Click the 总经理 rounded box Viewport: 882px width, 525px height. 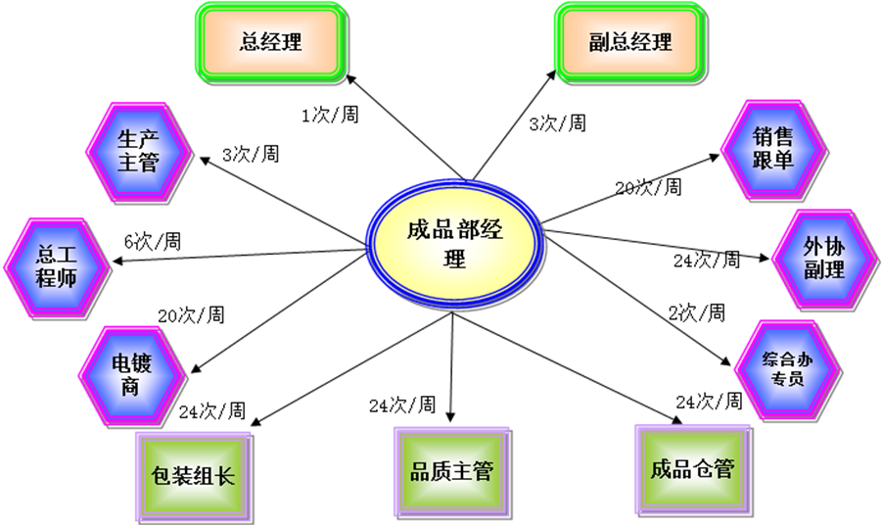(x=270, y=42)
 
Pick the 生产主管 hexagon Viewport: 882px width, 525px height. (x=138, y=150)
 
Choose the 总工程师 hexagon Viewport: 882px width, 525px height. (x=57, y=266)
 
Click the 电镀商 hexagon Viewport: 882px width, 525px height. (x=131, y=374)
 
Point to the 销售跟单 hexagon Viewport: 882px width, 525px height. (x=773, y=148)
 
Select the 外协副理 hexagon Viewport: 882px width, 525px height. (x=824, y=257)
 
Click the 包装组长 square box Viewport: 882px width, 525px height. (x=193, y=477)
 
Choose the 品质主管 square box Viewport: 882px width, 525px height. (x=451, y=471)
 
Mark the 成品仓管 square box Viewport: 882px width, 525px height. (x=692, y=468)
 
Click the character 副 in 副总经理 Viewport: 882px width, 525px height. (x=600, y=43)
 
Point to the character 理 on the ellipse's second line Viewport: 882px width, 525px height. (x=454, y=261)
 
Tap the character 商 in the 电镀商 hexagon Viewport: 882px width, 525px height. (x=131, y=387)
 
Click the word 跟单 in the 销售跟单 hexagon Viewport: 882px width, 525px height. (x=773, y=161)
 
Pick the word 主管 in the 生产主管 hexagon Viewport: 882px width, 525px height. (x=138, y=163)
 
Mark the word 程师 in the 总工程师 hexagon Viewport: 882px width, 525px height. (x=57, y=278)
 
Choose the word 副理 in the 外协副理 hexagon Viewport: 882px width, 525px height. (x=824, y=269)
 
